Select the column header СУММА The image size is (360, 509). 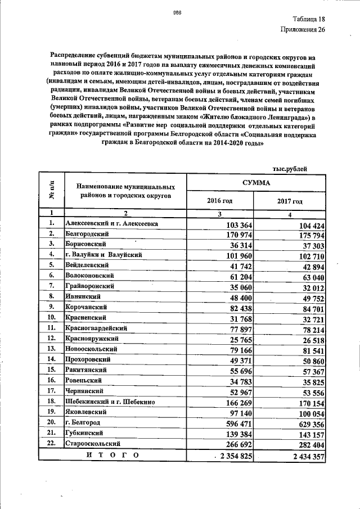(x=255, y=183)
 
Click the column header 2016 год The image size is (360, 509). (x=220, y=201)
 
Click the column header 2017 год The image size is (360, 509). (x=290, y=201)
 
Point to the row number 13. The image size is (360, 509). (x=51, y=349)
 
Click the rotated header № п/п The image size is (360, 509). (x=51, y=192)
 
